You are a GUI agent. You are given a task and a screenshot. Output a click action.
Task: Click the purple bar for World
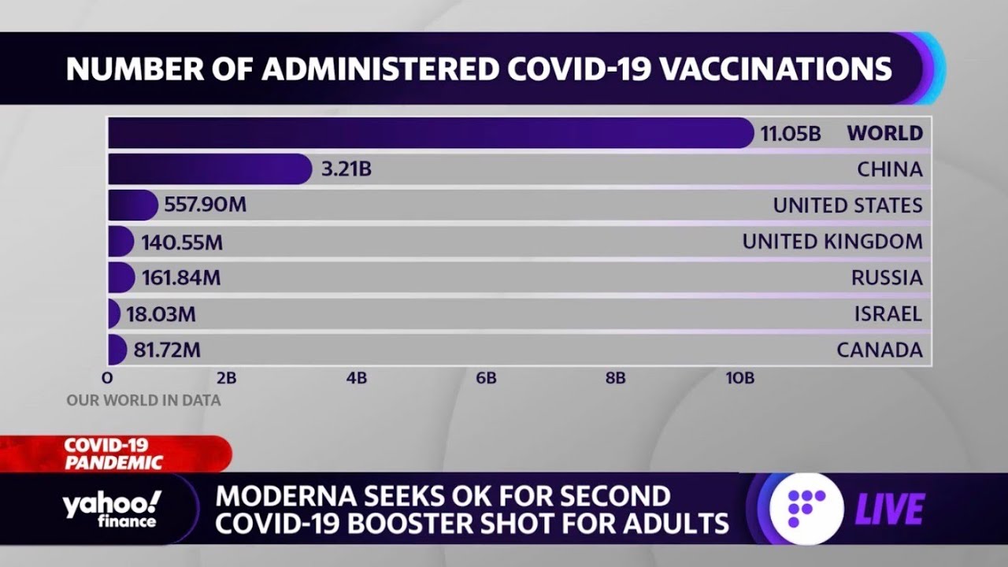coord(429,133)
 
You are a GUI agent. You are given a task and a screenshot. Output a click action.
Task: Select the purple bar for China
coord(209,169)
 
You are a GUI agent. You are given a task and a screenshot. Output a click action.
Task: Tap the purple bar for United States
coord(132,206)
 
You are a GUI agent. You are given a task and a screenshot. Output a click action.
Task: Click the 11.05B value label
coord(790,134)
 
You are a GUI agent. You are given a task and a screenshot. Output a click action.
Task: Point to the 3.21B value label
coord(346,169)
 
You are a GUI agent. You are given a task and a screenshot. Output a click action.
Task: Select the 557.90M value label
coord(205,206)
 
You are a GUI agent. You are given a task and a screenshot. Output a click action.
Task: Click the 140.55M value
coord(182,243)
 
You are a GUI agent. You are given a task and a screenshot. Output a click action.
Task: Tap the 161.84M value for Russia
coord(181,278)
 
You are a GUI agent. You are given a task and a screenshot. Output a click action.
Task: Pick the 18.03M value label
coord(161,314)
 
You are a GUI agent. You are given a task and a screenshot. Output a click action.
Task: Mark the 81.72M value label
coord(167,350)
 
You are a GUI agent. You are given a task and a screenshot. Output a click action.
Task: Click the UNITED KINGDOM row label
coord(832,242)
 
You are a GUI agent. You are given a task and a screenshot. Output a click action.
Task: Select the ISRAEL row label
coord(888,314)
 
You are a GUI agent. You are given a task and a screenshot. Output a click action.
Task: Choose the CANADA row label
coord(879,350)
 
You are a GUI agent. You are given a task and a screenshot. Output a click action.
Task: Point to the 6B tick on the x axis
coord(486,379)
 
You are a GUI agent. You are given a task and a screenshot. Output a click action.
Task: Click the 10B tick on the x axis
coord(739,379)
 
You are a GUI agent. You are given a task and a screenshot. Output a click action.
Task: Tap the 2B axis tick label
coord(226,379)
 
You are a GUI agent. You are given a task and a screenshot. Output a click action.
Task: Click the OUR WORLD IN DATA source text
coord(143,401)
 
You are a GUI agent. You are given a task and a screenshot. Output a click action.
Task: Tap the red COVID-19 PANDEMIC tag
coord(113,454)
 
